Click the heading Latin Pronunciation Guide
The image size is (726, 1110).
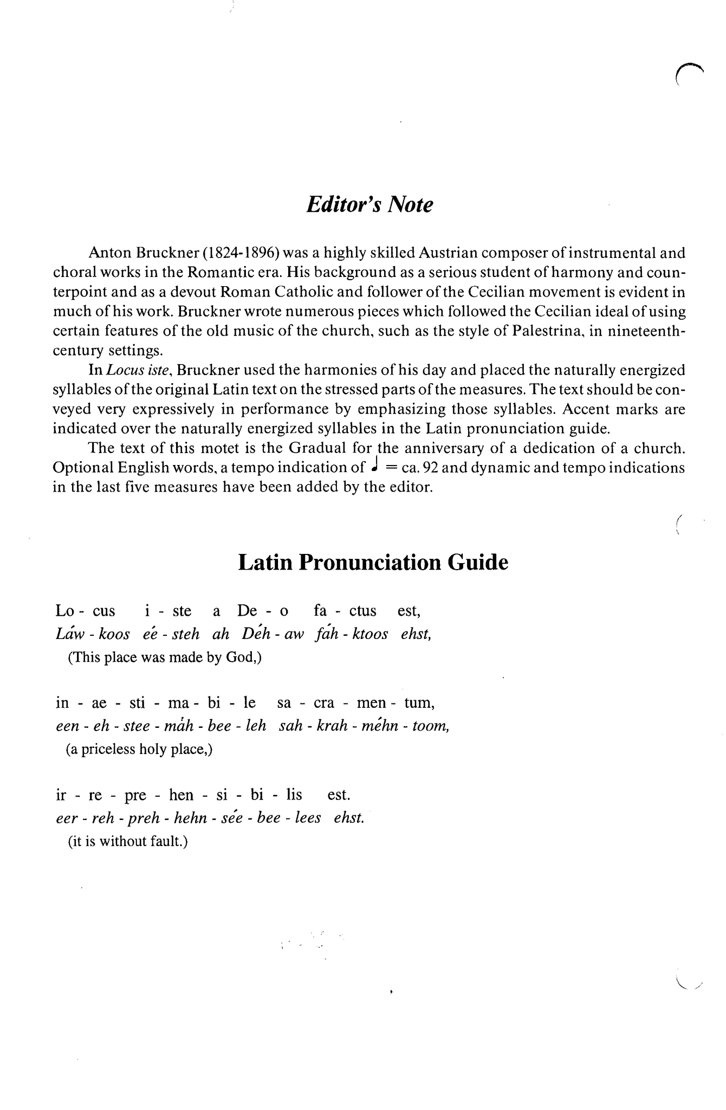point(373,563)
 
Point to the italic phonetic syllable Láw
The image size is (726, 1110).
point(69,634)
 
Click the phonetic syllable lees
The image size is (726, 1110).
point(307,818)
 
